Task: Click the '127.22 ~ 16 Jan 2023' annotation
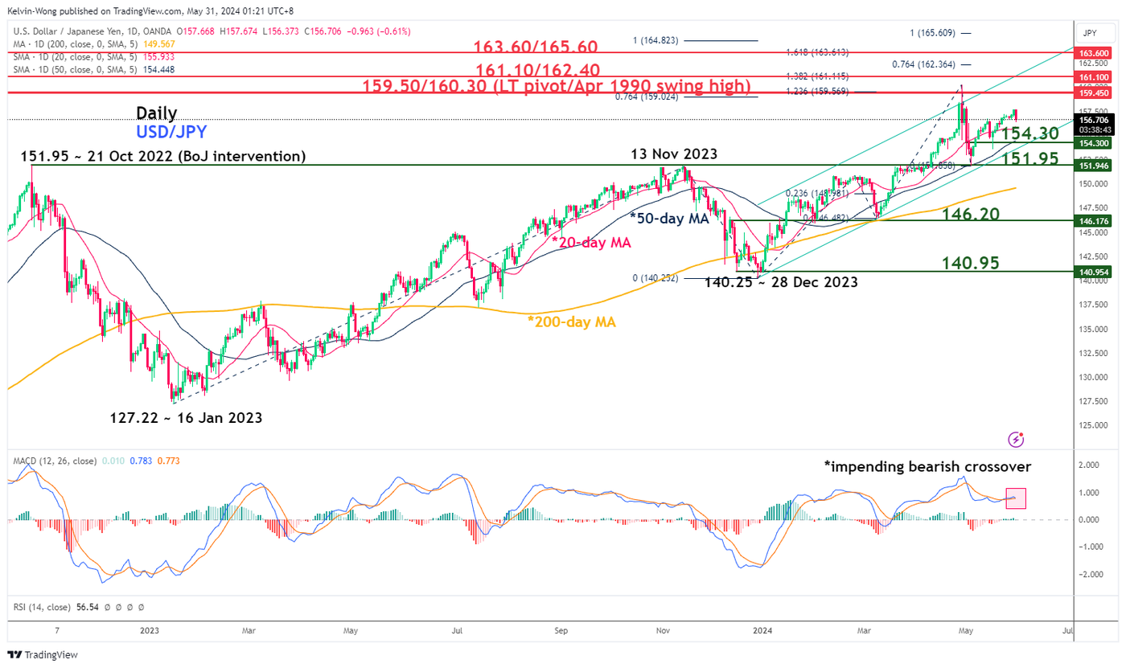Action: pos(186,418)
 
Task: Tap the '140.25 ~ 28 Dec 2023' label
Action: pos(780,282)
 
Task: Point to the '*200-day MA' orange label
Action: pos(572,322)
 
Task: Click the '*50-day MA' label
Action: pos(669,218)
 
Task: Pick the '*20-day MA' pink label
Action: pos(590,242)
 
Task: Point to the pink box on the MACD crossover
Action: pos(1016,498)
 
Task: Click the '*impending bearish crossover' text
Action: pos(927,465)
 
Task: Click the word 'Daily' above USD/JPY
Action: pos(157,113)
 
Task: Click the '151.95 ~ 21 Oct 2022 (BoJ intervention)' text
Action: pos(163,156)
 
